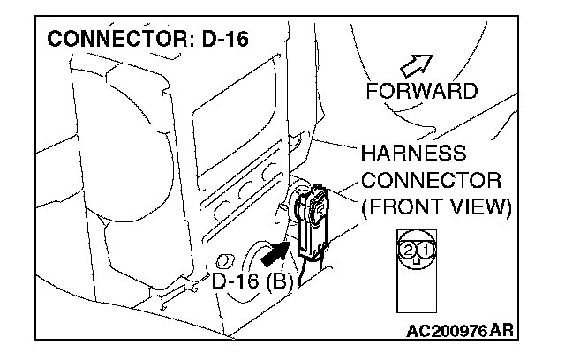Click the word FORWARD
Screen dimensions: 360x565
pos(422,91)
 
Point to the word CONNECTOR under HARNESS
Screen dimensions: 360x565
pos(431,181)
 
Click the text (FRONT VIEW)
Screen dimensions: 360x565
pos(436,208)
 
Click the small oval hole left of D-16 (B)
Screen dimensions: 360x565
pos(222,260)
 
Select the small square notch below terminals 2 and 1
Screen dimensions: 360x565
pos(415,261)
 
